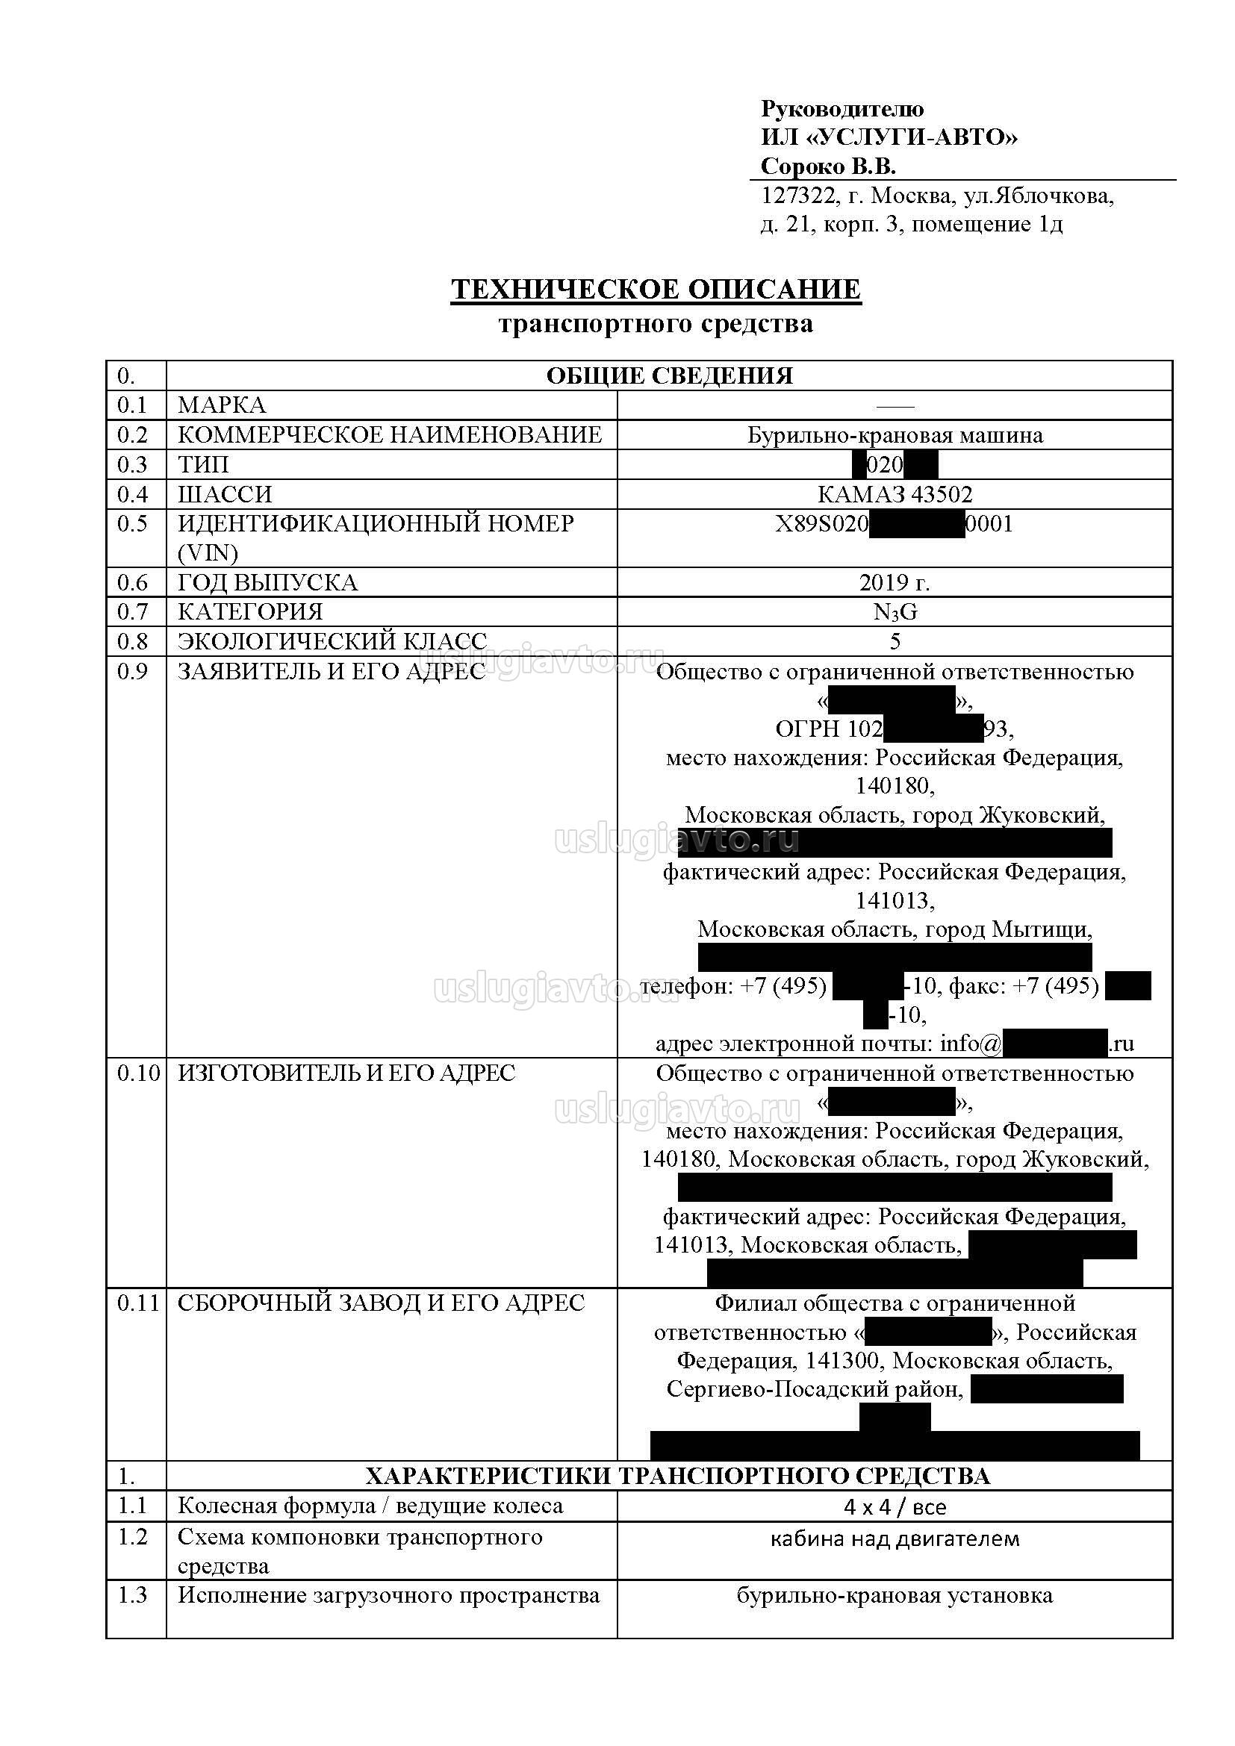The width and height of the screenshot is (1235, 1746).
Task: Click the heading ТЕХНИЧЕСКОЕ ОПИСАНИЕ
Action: coord(656,290)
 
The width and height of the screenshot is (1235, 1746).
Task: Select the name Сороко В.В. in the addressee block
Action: coord(828,166)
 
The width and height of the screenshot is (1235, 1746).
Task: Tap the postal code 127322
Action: coord(798,196)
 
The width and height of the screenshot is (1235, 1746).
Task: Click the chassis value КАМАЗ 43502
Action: coord(895,494)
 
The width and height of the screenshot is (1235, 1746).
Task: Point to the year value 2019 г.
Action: coord(895,582)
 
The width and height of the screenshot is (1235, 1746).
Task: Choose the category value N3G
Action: coord(895,612)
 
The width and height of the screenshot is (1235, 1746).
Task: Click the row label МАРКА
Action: coord(221,405)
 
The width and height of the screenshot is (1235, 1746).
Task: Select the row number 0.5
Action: coord(132,523)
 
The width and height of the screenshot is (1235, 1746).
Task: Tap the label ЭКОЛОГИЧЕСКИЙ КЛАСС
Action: coord(332,641)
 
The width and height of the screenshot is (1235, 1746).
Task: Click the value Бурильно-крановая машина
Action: coord(895,435)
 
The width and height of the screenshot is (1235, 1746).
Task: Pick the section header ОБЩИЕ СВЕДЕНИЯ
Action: coord(669,375)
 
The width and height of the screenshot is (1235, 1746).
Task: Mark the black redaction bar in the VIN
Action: coord(916,525)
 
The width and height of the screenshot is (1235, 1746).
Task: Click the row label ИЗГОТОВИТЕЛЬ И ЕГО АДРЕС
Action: coord(346,1073)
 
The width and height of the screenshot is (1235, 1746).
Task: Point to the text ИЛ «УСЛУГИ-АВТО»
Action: coord(889,137)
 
